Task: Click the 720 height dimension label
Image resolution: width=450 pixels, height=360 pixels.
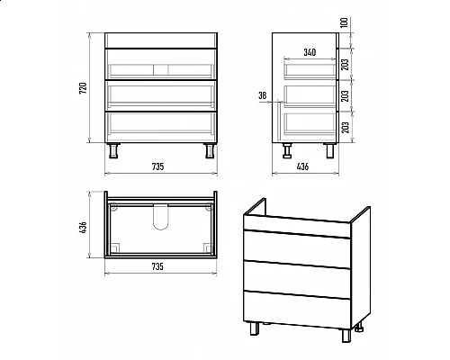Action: [x=83, y=87]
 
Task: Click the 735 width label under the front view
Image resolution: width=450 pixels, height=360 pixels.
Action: [x=157, y=166]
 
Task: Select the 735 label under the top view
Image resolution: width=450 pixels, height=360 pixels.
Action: [x=157, y=266]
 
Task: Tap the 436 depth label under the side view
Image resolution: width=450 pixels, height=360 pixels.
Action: [x=302, y=166]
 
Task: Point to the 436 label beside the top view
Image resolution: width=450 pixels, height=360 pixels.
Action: [x=83, y=228]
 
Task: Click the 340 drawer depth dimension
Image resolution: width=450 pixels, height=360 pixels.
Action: [x=310, y=52]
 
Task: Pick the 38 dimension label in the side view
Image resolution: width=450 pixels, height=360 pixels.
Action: [x=262, y=95]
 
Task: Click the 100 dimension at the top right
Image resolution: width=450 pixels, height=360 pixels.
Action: [x=345, y=22]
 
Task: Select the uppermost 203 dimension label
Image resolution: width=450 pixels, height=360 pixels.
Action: [x=346, y=64]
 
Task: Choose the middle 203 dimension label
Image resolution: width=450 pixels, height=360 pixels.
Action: [x=346, y=95]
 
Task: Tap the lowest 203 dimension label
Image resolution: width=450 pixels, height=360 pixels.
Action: [x=346, y=127]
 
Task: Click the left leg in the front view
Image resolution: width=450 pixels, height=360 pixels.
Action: [x=113, y=150]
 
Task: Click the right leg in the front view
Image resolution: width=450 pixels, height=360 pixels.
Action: [x=209, y=150]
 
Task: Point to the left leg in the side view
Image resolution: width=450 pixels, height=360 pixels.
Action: [x=288, y=150]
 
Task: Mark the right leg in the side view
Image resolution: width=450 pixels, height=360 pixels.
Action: [x=330, y=150]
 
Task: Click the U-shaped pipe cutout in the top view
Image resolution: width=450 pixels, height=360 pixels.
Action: [x=161, y=217]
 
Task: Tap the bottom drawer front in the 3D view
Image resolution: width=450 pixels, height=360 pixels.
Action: [x=297, y=310]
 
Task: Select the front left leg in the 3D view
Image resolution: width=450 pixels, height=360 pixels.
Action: [x=254, y=328]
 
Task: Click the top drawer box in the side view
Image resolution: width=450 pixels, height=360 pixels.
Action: [x=310, y=71]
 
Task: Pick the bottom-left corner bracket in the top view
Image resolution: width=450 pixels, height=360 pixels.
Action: [x=115, y=247]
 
